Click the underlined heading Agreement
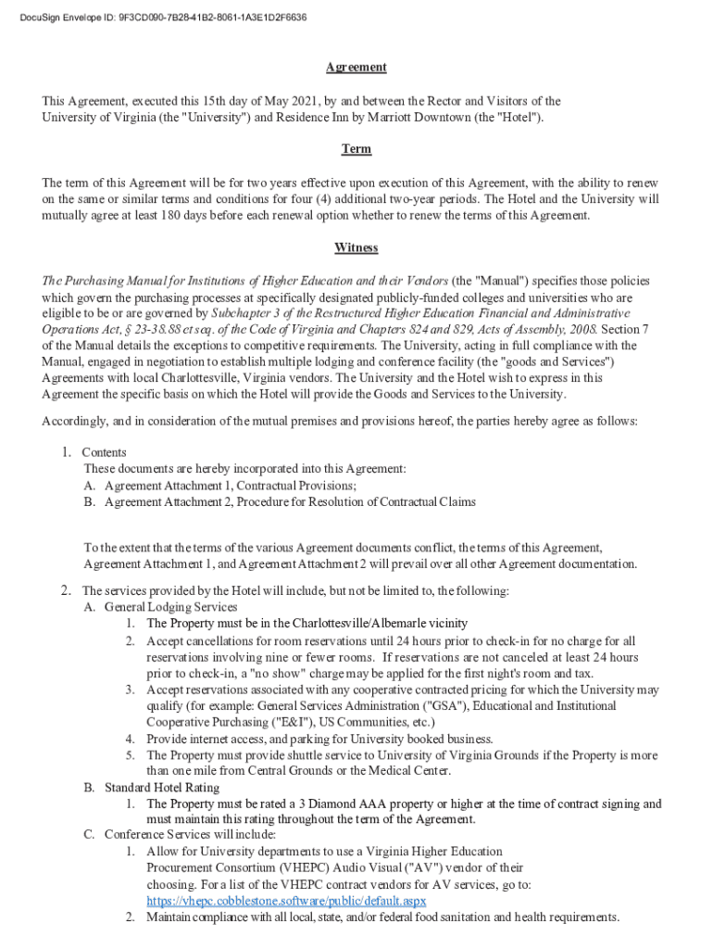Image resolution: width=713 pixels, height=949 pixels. (x=356, y=68)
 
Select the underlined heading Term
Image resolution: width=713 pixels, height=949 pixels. (x=356, y=149)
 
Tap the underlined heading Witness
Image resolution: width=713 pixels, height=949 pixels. (x=356, y=247)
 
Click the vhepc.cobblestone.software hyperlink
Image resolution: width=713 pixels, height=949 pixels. (x=286, y=901)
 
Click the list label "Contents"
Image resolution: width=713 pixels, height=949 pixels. (x=105, y=452)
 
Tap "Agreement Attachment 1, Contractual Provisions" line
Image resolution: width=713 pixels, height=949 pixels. (x=230, y=486)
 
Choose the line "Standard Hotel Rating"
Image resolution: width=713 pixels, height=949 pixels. (x=162, y=788)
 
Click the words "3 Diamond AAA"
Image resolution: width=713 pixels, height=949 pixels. (x=325, y=804)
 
